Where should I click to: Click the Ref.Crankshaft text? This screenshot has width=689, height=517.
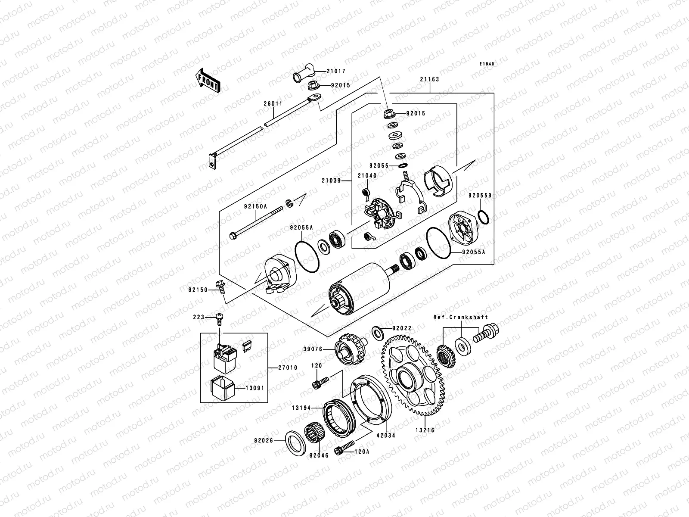coord(460,317)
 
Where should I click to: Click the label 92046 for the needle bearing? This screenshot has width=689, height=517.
coord(318,455)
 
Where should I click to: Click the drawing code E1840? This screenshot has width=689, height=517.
coord(487,64)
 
